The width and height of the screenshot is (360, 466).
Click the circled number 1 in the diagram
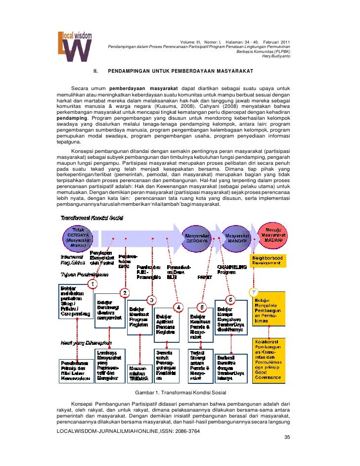tap(92, 283)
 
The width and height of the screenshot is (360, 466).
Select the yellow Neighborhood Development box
tap(268, 261)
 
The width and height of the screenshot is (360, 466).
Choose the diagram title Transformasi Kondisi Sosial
tap(91, 218)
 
